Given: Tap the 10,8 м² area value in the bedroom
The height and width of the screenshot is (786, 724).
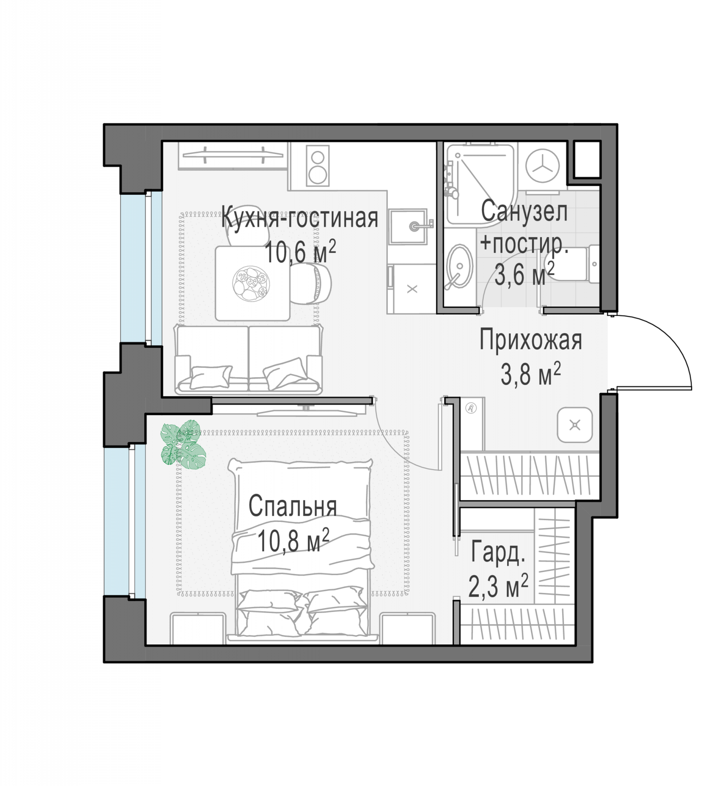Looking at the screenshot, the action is point(293,540).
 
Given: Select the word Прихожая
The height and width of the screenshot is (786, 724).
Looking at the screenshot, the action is point(531,340).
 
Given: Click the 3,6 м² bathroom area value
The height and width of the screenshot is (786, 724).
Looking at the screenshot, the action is point(524,274).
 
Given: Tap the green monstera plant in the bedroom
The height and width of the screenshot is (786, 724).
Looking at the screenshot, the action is point(183,444).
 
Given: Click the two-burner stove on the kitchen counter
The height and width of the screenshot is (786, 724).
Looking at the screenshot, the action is point(318,165).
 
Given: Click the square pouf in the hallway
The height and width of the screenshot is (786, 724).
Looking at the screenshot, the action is point(575,425).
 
